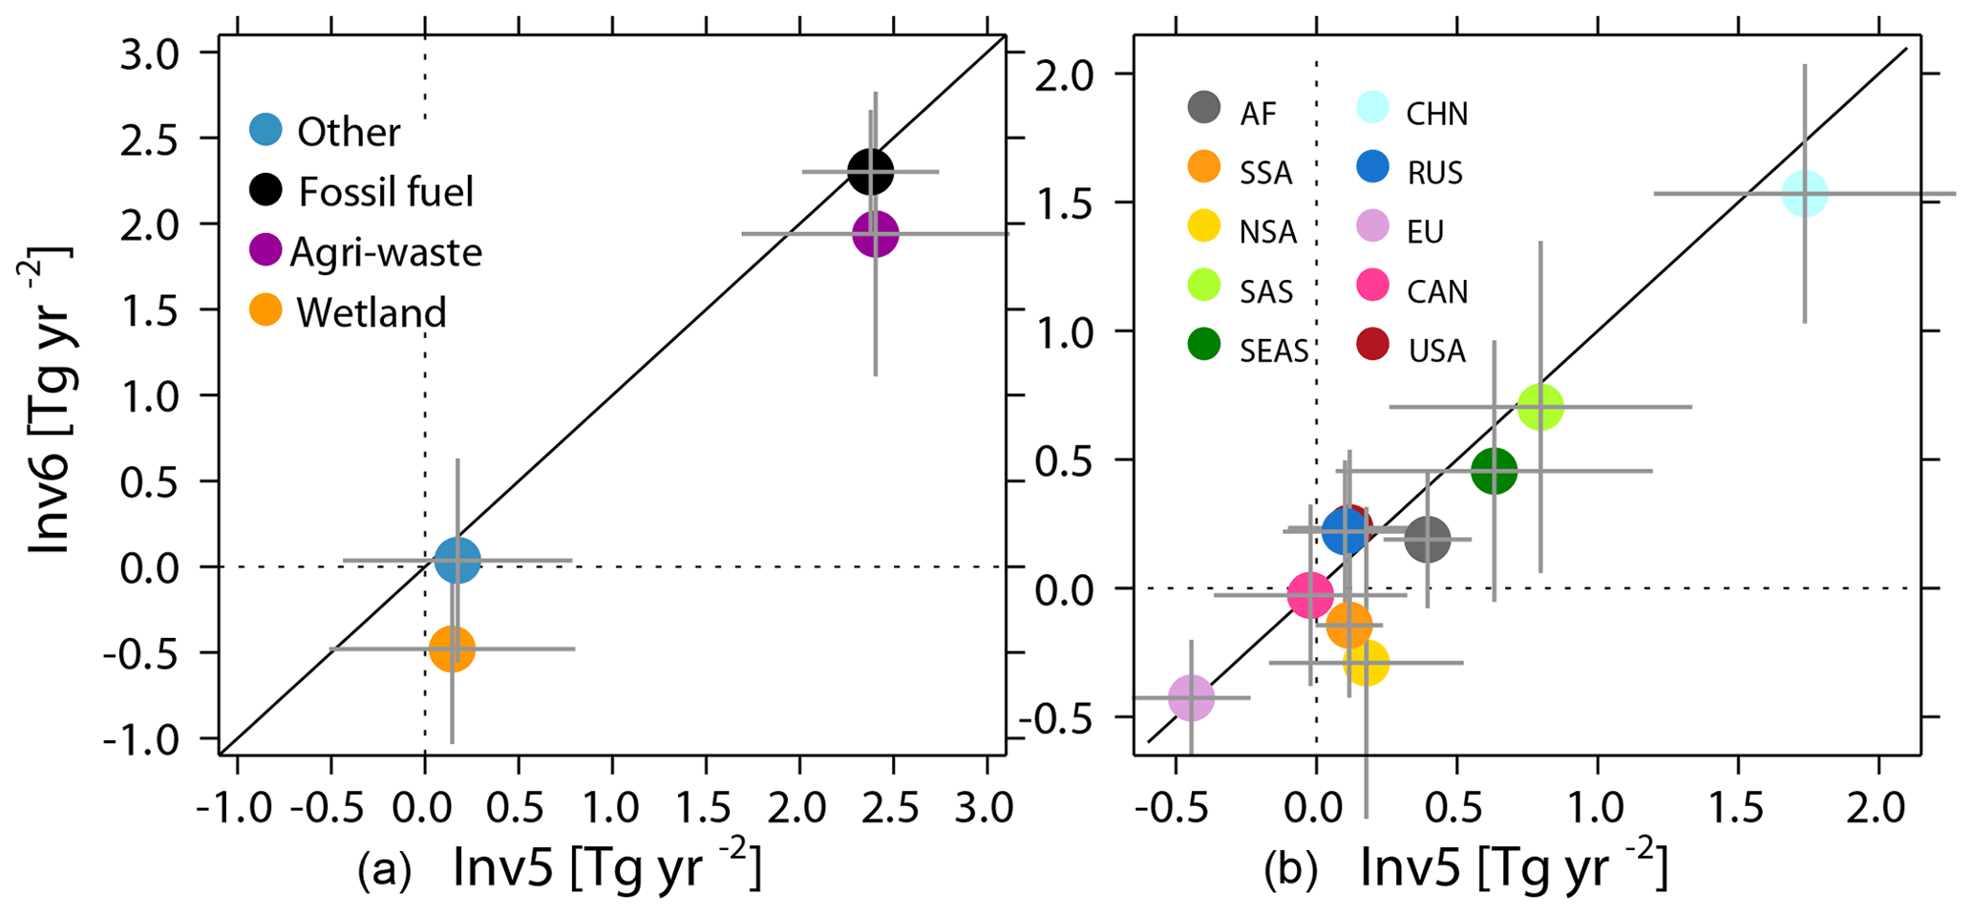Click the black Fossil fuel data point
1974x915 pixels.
coord(870,172)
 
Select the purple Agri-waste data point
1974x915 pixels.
coord(875,233)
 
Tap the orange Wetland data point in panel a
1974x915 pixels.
coord(452,649)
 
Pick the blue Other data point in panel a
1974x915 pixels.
coord(456,561)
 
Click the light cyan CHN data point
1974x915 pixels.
coord(1804,194)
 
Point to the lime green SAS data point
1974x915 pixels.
coord(1539,407)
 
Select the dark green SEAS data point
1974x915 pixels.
coord(1494,470)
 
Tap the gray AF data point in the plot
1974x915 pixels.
coord(1428,539)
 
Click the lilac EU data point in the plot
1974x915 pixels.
coord(1191,697)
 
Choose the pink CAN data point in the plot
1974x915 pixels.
coord(1310,595)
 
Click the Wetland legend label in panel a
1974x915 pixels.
coord(371,312)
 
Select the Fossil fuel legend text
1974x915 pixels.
coord(386,192)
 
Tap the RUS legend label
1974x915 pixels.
coord(1434,173)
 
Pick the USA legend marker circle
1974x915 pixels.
coord(1372,344)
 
